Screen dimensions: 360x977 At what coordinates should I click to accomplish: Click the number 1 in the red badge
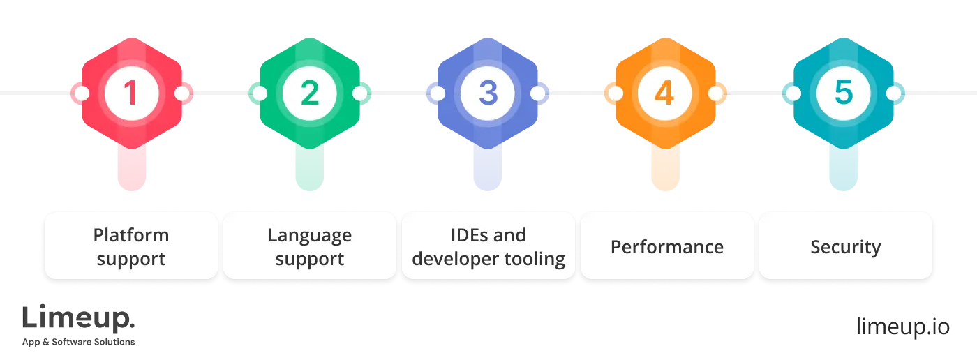click(x=131, y=93)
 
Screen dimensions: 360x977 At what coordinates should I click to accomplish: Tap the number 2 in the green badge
click(x=309, y=93)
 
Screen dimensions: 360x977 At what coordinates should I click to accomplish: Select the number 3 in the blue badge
click(x=488, y=93)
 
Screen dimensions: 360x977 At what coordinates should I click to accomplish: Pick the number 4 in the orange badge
click(x=665, y=93)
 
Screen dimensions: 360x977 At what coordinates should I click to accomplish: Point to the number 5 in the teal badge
click(x=844, y=93)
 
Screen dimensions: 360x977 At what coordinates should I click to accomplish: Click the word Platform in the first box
click(x=131, y=235)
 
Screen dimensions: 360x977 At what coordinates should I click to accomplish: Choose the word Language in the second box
click(x=309, y=235)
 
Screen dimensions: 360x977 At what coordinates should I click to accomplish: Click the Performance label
click(x=666, y=247)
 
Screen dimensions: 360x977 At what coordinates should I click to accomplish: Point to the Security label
click(x=845, y=247)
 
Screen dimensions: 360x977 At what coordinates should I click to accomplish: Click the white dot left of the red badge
click(x=81, y=93)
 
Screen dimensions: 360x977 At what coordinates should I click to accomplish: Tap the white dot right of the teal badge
click(x=894, y=93)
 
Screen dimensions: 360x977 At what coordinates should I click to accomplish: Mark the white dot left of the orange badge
click(x=615, y=93)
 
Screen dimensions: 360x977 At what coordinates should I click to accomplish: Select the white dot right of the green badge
click(x=360, y=93)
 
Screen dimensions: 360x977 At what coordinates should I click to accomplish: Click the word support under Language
click(x=309, y=260)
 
